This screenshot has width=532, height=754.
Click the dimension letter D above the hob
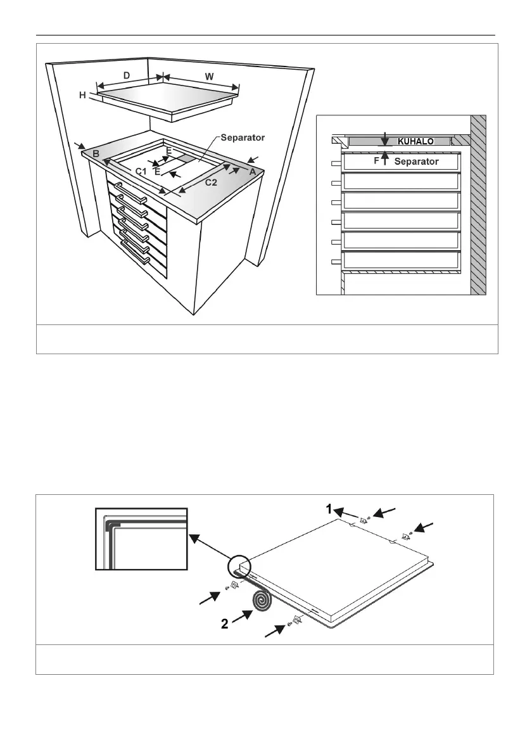click(127, 75)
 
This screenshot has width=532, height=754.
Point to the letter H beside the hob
click(82, 95)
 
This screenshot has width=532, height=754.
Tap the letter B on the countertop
click(96, 154)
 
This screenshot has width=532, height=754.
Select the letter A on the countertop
click(252, 171)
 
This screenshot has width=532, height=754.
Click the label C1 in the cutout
click(141, 171)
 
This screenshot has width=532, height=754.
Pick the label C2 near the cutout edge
click(210, 183)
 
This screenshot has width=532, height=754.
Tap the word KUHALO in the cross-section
click(415, 141)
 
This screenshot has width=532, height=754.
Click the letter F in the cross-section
click(376, 161)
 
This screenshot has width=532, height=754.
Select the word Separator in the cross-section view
click(416, 162)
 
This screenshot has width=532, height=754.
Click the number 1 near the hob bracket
click(329, 508)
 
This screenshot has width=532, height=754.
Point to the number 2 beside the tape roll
click(224, 623)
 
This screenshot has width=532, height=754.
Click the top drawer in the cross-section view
click(401, 181)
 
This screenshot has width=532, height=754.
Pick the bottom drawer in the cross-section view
click(401, 260)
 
